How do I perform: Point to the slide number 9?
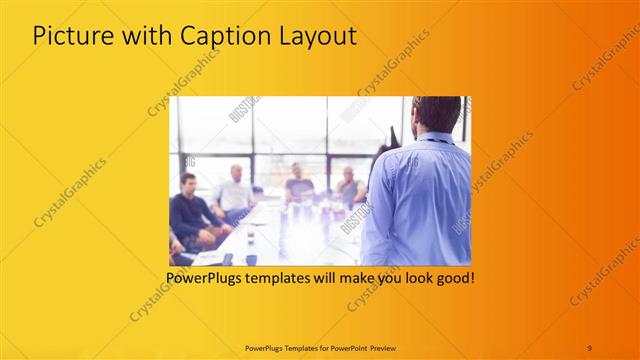coord(589,347)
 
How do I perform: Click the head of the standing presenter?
coord(436,116)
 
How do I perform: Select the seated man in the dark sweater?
coord(188,210)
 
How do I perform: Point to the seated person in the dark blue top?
coord(298,182)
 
